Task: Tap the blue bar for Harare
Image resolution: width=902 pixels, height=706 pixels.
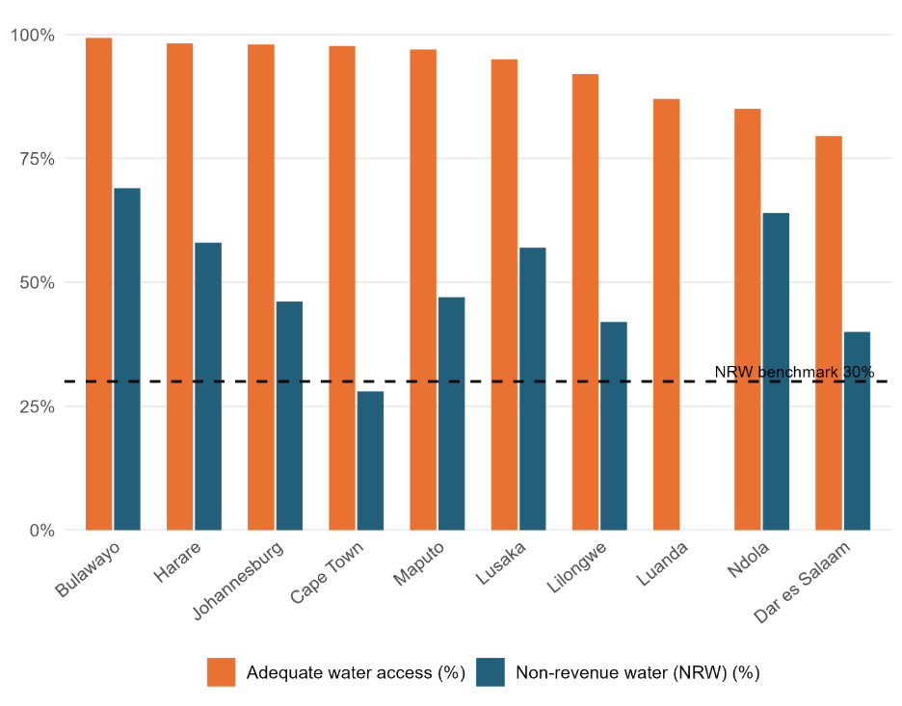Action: coord(208,385)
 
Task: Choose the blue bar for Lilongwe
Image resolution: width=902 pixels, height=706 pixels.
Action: coord(614,425)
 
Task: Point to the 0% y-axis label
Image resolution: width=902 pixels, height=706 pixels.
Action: coord(39,531)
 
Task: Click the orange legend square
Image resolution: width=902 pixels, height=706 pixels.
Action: coord(221,672)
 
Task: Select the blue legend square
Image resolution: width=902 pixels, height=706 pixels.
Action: coord(490,672)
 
